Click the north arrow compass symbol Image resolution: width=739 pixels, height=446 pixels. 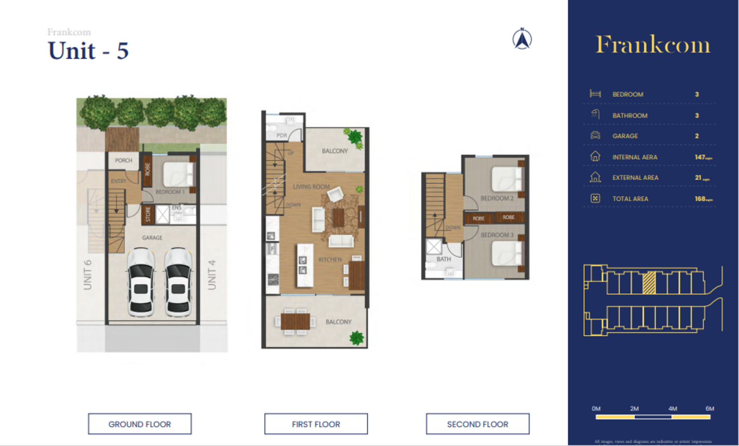pyautogui.click(x=522, y=39)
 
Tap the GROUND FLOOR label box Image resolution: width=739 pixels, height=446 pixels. pyautogui.click(x=139, y=424)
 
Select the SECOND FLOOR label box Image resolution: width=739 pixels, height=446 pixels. pyautogui.click(x=478, y=424)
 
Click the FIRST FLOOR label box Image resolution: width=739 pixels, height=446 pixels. pyautogui.click(x=316, y=424)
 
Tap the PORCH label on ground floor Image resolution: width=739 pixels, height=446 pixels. pyautogui.click(x=123, y=160)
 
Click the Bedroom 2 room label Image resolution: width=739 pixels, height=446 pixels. pyautogui.click(x=497, y=198)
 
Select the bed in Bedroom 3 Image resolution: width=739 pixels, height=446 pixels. pyautogui.click(x=507, y=252)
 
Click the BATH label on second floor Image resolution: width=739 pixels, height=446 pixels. pyautogui.click(x=443, y=259)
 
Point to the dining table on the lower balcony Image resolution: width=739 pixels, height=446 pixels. pyautogui.click(x=295, y=321)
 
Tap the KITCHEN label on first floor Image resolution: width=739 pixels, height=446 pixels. pyautogui.click(x=330, y=260)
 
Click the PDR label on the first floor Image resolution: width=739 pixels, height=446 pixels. pyautogui.click(x=282, y=135)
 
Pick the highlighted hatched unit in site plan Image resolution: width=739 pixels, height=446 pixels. pyautogui.click(x=649, y=283)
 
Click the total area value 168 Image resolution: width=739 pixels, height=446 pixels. pyautogui.click(x=700, y=199)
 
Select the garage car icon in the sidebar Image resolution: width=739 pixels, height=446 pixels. pyautogui.click(x=595, y=135)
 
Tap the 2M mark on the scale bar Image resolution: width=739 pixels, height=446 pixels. pyautogui.click(x=634, y=409)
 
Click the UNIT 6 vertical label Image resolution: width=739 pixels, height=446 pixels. pyautogui.click(x=87, y=275)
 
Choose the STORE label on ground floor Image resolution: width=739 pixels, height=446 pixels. pyautogui.click(x=148, y=214)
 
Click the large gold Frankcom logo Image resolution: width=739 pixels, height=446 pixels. pyautogui.click(x=653, y=45)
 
